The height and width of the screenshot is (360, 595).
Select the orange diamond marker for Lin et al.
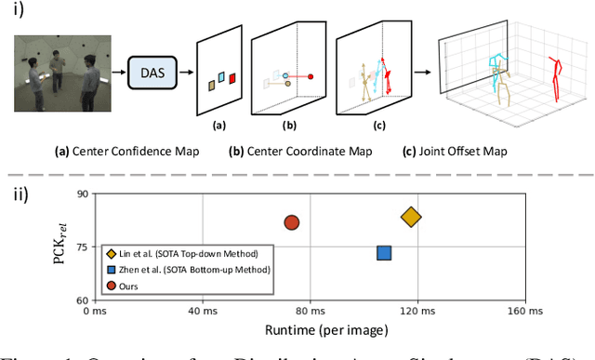[x=411, y=217]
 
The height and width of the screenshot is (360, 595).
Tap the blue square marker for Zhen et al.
[x=383, y=252]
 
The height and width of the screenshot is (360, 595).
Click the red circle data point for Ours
[x=291, y=222]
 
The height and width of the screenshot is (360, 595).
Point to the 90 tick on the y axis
[x=80, y=194]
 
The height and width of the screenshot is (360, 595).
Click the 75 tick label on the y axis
[x=80, y=247]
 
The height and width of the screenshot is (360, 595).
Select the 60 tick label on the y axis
[x=80, y=300]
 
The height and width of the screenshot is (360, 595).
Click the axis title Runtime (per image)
[x=308, y=328]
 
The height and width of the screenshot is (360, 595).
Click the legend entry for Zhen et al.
[x=191, y=270]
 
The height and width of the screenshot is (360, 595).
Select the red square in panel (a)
[x=233, y=78]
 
